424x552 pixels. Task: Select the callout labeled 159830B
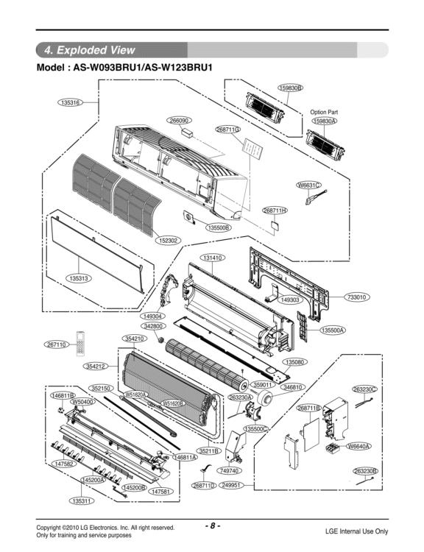(x=289, y=88)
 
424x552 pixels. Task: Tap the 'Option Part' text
(x=324, y=112)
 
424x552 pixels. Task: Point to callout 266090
(x=180, y=120)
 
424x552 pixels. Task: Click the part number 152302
(x=169, y=241)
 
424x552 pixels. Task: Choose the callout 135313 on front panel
(x=78, y=278)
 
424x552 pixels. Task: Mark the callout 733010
(x=357, y=297)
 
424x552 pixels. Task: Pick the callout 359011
(x=263, y=384)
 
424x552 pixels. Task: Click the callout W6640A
(x=358, y=446)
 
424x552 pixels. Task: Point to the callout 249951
(x=233, y=485)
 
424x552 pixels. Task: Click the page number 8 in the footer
(x=211, y=526)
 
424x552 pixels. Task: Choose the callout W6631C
(x=308, y=185)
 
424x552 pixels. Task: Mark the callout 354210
(x=134, y=338)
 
